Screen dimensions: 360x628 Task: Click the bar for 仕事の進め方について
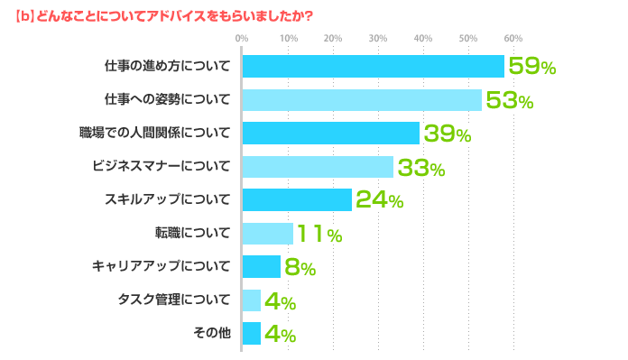373,67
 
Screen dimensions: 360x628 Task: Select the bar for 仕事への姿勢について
362,100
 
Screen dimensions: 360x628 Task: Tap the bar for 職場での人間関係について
331,134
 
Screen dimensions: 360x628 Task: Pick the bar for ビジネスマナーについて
318,167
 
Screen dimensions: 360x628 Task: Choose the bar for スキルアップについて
297,200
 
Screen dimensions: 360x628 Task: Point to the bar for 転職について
268,234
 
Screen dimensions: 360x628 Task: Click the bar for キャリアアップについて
262,267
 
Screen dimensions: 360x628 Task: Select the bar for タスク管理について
252,300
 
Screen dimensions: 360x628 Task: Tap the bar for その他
252,334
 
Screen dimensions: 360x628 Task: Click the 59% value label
531,67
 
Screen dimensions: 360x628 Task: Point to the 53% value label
509,101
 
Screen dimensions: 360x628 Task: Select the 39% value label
448,134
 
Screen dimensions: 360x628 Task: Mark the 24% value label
379,201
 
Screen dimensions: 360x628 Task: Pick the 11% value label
319,235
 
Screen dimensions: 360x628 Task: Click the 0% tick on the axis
241,38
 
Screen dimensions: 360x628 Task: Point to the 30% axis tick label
377,38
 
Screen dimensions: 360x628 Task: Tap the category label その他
212,334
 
